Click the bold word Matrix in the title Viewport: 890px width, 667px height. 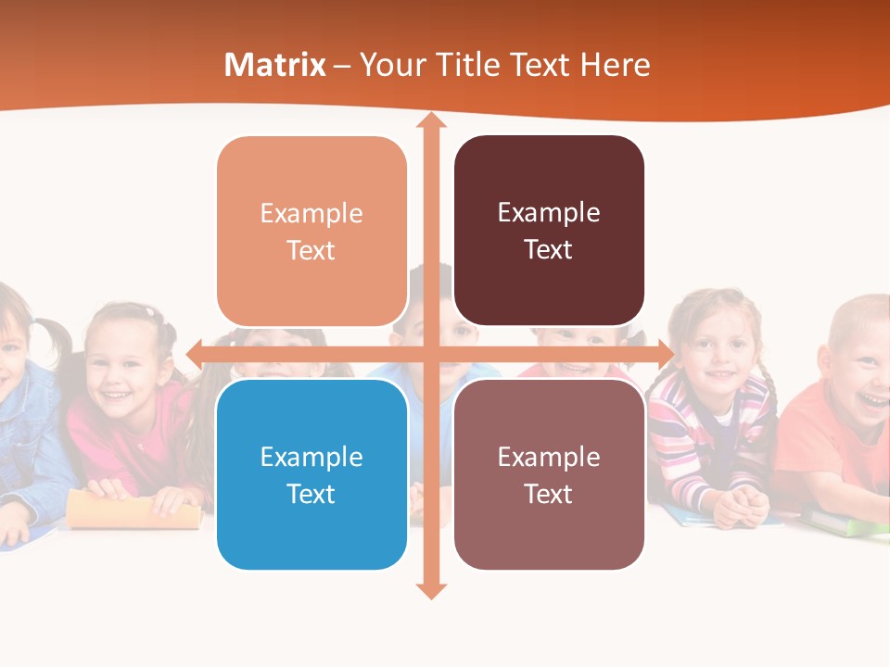[275, 65]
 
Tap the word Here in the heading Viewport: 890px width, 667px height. [615, 65]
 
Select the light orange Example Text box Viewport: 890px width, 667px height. [311, 231]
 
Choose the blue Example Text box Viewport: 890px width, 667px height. [311, 474]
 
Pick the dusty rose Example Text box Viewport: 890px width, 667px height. [549, 474]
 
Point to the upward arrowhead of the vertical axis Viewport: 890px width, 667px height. [430, 120]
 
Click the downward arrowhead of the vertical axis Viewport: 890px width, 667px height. [430, 590]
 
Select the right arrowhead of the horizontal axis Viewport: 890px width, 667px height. [665, 354]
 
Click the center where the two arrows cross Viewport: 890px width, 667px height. [430, 354]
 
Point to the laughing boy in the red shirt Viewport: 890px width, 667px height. [858, 371]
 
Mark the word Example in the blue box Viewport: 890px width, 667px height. [311, 457]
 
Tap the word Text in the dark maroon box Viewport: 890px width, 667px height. [549, 249]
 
